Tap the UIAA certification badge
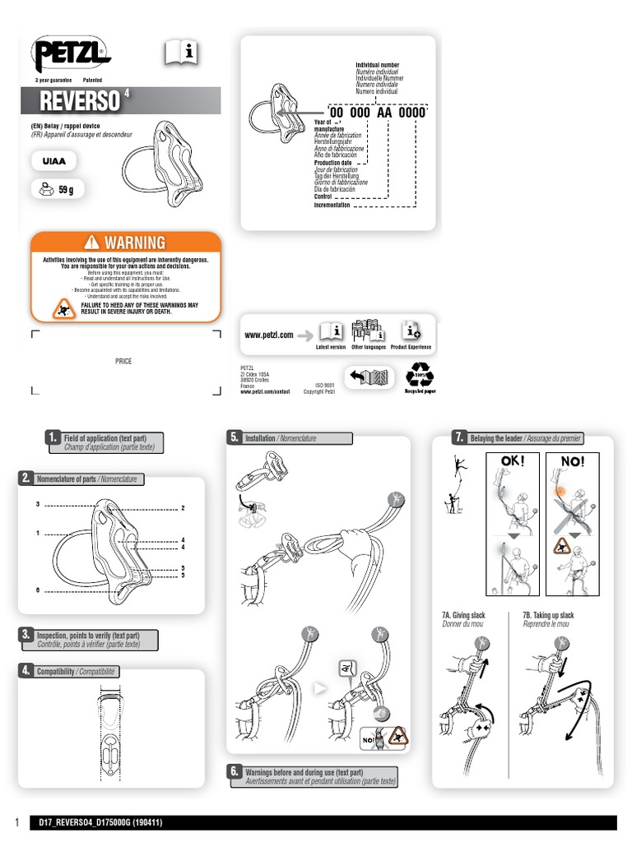click(55, 162)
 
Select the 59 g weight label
click(58, 190)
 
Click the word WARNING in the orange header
click(133, 243)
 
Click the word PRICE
click(123, 361)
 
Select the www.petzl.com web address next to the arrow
click(269, 335)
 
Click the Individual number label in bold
click(378, 64)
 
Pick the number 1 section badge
click(52, 437)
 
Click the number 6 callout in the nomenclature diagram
click(38, 590)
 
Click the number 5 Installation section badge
click(234, 437)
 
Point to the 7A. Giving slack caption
click(463, 615)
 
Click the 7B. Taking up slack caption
click(548, 615)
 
